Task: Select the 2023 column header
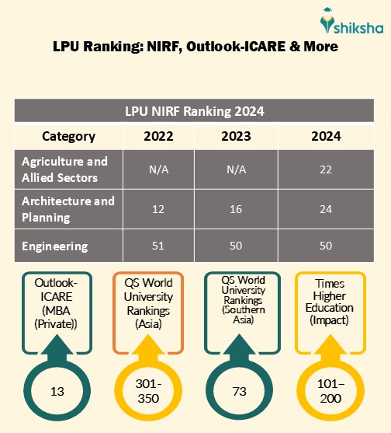[236, 136]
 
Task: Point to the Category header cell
[68, 136]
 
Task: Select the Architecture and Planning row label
[68, 208]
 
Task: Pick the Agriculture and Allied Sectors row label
[64, 169]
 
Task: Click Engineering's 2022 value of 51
[159, 246]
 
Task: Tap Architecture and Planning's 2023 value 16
[236, 209]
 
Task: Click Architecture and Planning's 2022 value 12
[159, 209]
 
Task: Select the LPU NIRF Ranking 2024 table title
[195, 110]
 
